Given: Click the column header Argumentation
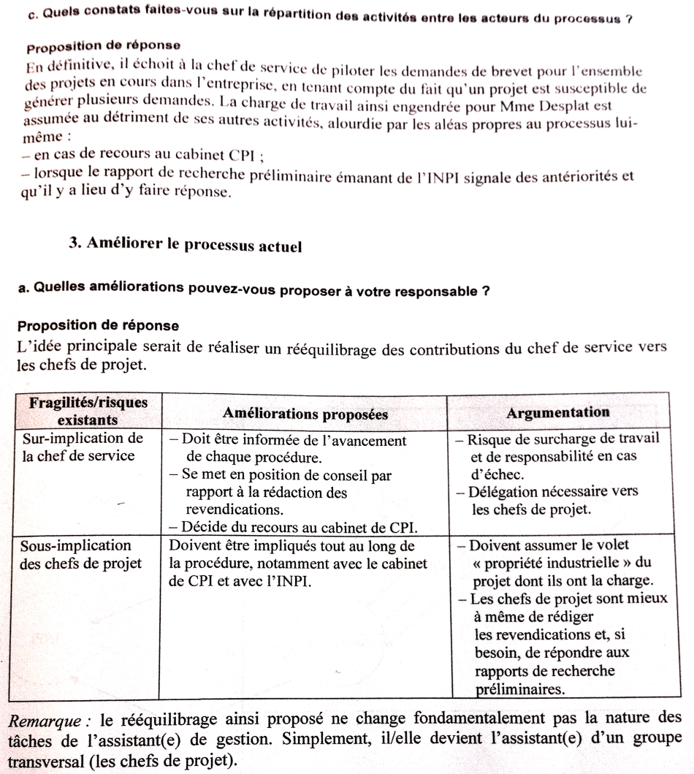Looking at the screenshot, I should coord(557,413).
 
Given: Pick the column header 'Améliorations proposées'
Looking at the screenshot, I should coord(305,414).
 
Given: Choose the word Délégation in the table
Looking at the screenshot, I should coord(508,492).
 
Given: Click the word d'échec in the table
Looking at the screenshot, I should coord(495,474).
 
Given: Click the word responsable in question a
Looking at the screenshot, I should coord(430,289).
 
